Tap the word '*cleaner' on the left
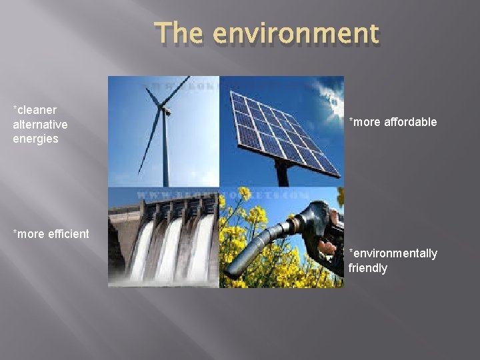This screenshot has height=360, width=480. [35, 109]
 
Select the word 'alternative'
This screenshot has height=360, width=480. [40, 124]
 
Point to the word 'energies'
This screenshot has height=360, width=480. [35, 139]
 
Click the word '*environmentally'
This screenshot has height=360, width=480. [393, 253]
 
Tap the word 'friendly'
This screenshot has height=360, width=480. [367, 268]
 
